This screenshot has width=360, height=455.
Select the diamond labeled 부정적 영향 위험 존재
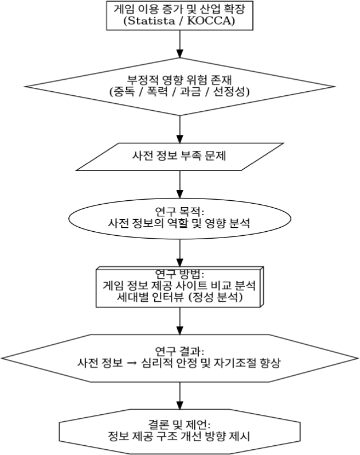click(180, 85)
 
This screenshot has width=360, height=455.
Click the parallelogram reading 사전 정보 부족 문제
click(180, 156)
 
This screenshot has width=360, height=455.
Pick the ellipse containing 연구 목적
click(180, 219)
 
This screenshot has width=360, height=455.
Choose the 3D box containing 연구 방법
click(180, 287)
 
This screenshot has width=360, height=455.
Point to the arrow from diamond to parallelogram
click(180, 129)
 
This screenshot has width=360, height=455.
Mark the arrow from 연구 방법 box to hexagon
click(180, 320)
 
